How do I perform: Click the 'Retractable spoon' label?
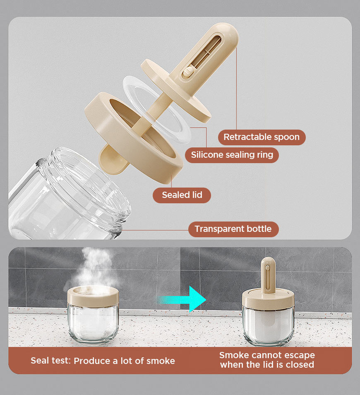coord(262,137)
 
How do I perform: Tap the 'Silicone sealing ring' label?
coord(232,155)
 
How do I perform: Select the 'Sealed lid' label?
coord(182,195)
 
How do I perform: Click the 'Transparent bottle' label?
coord(233,229)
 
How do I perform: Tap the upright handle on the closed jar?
coord(268,275)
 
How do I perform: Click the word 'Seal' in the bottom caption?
coord(39,361)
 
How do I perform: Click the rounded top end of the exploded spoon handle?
coord(228,31)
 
